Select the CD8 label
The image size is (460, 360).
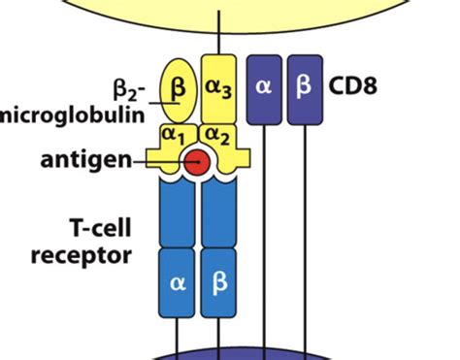pos(353,84)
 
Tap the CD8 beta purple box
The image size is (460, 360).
pos(304,85)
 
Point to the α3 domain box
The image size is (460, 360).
pos(218,85)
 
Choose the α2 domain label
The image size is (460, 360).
pos(218,132)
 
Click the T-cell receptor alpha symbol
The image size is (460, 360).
pos(177,283)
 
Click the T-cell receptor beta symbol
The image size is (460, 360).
pos(218,283)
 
